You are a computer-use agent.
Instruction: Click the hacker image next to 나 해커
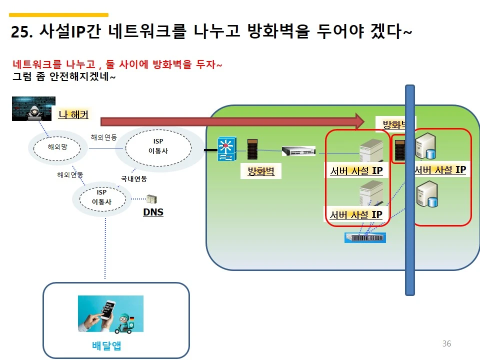click(33, 108)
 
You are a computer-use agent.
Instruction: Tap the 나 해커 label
click(73, 114)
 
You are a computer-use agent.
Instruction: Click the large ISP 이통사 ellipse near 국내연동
click(158, 146)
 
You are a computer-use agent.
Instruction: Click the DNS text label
click(153, 212)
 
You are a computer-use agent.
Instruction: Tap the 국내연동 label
click(133, 178)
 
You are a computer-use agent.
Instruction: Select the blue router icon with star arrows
click(226, 149)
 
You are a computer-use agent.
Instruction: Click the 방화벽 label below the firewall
click(260, 171)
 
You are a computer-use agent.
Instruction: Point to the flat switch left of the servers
click(298, 150)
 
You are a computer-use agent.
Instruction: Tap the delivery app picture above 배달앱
click(110, 313)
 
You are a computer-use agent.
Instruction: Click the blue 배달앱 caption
click(106, 345)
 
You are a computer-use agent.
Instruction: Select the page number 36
click(446, 343)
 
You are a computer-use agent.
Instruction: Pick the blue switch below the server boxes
click(365, 237)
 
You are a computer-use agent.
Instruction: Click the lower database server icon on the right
click(428, 195)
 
